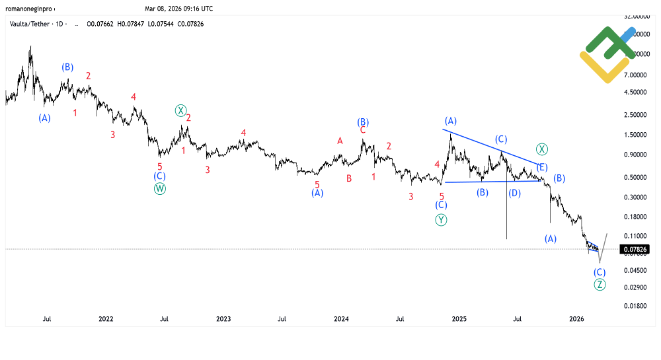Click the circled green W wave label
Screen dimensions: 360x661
(160, 188)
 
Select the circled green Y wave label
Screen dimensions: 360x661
(441, 220)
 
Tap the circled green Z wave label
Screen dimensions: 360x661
(600, 285)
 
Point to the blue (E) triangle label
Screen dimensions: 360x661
(541, 166)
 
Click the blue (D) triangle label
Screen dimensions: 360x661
(514, 193)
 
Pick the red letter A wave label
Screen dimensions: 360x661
(340, 141)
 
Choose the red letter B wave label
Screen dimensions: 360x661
(349, 178)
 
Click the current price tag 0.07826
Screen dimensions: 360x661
(635, 249)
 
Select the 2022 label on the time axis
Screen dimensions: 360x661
(106, 318)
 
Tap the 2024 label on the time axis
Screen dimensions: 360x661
(341, 318)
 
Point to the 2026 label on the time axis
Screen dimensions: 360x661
(577, 318)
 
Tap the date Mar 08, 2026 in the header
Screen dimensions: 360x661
(179, 9)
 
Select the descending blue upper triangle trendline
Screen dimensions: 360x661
(492, 146)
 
